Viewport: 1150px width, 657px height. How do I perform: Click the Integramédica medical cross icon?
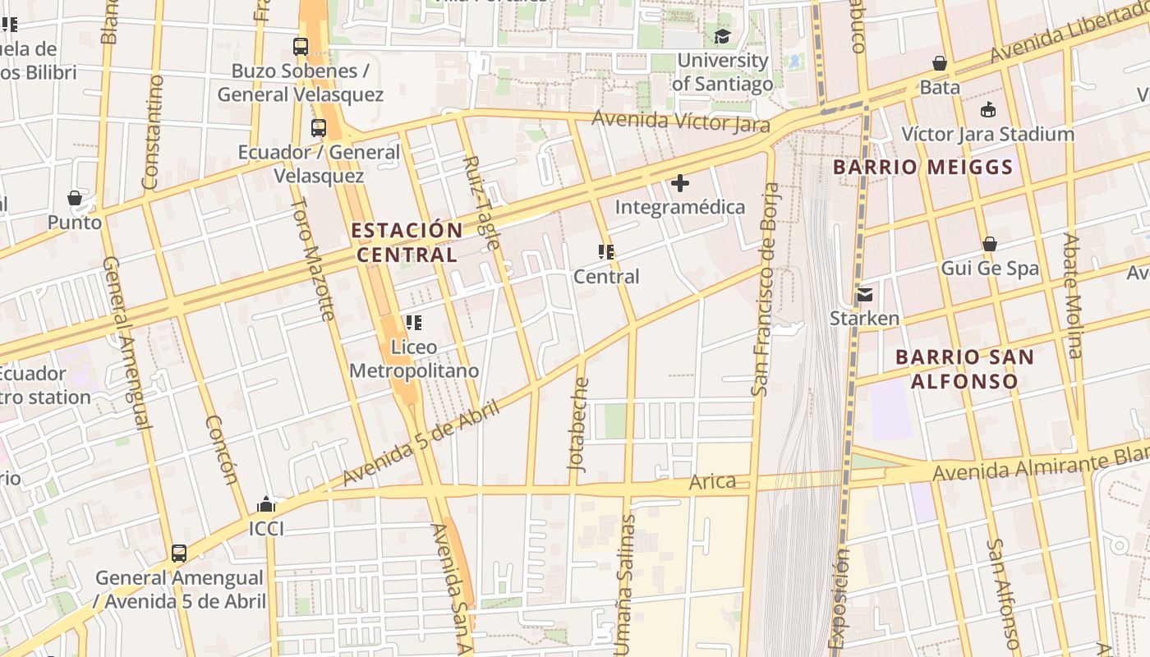[x=680, y=183]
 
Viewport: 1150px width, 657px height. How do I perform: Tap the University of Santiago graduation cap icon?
[x=722, y=36]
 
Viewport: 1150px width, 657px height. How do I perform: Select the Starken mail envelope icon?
[x=864, y=294]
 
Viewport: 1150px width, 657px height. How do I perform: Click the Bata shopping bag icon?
[x=940, y=63]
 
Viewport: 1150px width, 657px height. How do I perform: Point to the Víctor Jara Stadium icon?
[x=988, y=110]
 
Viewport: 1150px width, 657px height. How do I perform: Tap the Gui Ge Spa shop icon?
[x=990, y=244]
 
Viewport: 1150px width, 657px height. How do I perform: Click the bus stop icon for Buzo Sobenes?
[x=301, y=47]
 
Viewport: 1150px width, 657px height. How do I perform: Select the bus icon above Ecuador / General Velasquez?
[x=319, y=128]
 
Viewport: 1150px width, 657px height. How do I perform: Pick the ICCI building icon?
[x=266, y=504]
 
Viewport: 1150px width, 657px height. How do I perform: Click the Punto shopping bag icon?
[x=75, y=198]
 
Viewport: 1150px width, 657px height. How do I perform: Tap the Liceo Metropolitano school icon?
[x=413, y=323]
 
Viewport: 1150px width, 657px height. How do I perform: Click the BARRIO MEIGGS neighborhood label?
[x=922, y=168]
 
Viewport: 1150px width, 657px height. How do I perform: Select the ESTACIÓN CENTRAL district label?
[x=407, y=242]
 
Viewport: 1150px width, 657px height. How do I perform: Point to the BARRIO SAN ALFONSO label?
[x=964, y=369]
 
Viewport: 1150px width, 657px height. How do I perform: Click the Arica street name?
[x=712, y=481]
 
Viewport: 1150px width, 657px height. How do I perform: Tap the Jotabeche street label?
[x=579, y=424]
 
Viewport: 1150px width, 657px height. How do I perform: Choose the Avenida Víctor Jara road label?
[x=681, y=122]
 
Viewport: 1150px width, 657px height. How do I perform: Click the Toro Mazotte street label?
[x=314, y=259]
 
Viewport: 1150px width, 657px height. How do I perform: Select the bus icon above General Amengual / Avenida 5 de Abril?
[x=179, y=554]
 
